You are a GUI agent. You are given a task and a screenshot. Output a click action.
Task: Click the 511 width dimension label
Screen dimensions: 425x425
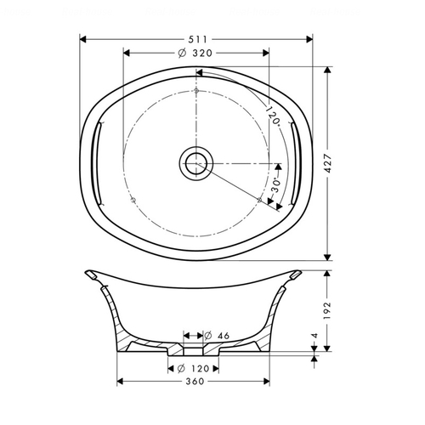198,39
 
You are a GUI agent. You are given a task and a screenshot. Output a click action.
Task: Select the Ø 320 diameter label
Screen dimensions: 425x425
195,53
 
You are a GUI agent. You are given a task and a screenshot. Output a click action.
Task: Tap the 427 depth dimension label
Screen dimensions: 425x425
328,163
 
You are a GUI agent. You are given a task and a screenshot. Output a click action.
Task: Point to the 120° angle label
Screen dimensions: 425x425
273,115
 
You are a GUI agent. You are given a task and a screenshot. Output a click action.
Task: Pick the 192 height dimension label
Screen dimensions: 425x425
327,310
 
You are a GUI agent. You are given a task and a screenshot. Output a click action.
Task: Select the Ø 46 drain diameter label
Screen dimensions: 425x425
217,336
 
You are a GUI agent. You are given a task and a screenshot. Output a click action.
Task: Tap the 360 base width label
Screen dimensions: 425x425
195,382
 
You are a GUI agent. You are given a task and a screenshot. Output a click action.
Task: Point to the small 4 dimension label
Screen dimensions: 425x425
314,336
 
